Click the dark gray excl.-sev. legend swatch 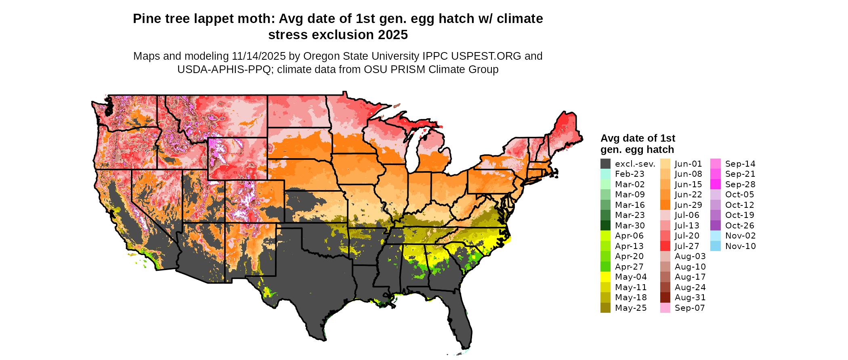pyautogui.click(x=605, y=164)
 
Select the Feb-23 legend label pyautogui.click(x=630, y=174)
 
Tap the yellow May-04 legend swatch pyautogui.click(x=605, y=277)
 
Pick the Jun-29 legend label pyautogui.click(x=688, y=205)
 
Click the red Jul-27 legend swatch pyautogui.click(x=665, y=246)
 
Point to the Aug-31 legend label pyautogui.click(x=690, y=297)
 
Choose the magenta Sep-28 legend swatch pyautogui.click(x=715, y=184)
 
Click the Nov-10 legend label pyautogui.click(x=740, y=246)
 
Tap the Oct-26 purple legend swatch pyautogui.click(x=715, y=226)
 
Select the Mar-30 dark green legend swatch pyautogui.click(x=605, y=226)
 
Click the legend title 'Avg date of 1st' pyautogui.click(x=638, y=138)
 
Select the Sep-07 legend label pyautogui.click(x=690, y=308)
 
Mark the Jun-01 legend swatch pyautogui.click(x=665, y=164)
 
